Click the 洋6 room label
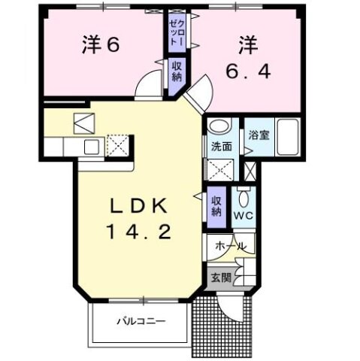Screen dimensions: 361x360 coord(101,45)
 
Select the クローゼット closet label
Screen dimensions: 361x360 coord(175,34)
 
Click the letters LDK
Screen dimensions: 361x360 coord(138,206)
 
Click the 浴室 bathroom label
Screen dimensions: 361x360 coord(260,135)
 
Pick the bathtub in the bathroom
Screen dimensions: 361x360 coord(287,137)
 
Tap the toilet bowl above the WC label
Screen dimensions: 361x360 coord(244,200)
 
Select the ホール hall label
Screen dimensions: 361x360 coord(231,247)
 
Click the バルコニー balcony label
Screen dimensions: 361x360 coord(140,322)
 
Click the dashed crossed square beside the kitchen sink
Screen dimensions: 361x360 coord(118,144)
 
